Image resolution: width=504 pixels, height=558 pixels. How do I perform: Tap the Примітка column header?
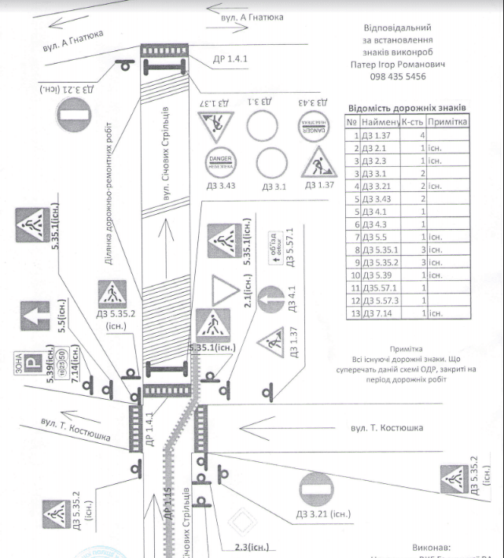click(x=449, y=122)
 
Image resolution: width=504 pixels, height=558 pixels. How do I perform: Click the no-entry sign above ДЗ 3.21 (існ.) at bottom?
click(x=317, y=492)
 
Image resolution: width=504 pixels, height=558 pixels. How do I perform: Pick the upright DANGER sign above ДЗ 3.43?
click(x=219, y=163)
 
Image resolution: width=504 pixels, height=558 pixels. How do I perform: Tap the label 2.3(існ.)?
click(x=252, y=545)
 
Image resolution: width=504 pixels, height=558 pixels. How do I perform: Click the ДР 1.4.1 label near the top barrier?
click(x=230, y=57)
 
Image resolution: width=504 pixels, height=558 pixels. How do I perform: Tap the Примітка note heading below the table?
click(x=407, y=347)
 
